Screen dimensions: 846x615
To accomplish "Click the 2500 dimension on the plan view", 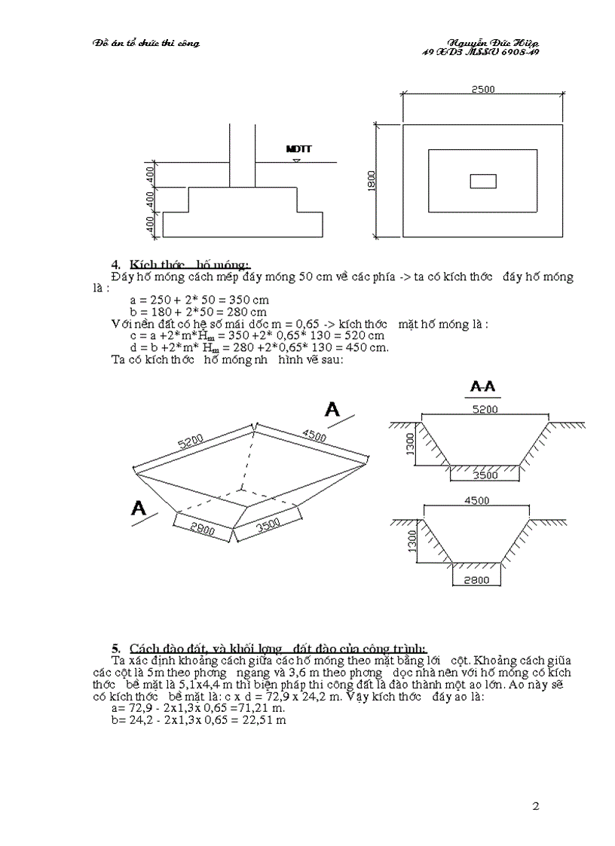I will click(x=482, y=90).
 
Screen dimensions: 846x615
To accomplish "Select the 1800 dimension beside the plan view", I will click(x=372, y=180).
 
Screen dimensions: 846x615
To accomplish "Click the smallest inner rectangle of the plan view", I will click(x=482, y=181).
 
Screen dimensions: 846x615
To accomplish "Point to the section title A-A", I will click(x=482, y=387).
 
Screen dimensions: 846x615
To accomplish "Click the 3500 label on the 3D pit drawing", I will click(x=268, y=527).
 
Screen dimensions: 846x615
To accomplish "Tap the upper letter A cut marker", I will click(x=332, y=409).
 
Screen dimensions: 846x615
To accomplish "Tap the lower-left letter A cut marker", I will click(x=139, y=509).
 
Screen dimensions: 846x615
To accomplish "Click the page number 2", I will click(x=536, y=807).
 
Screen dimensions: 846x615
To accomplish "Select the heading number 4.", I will click(x=116, y=264).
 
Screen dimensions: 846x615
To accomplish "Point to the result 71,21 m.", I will click(x=251, y=708).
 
